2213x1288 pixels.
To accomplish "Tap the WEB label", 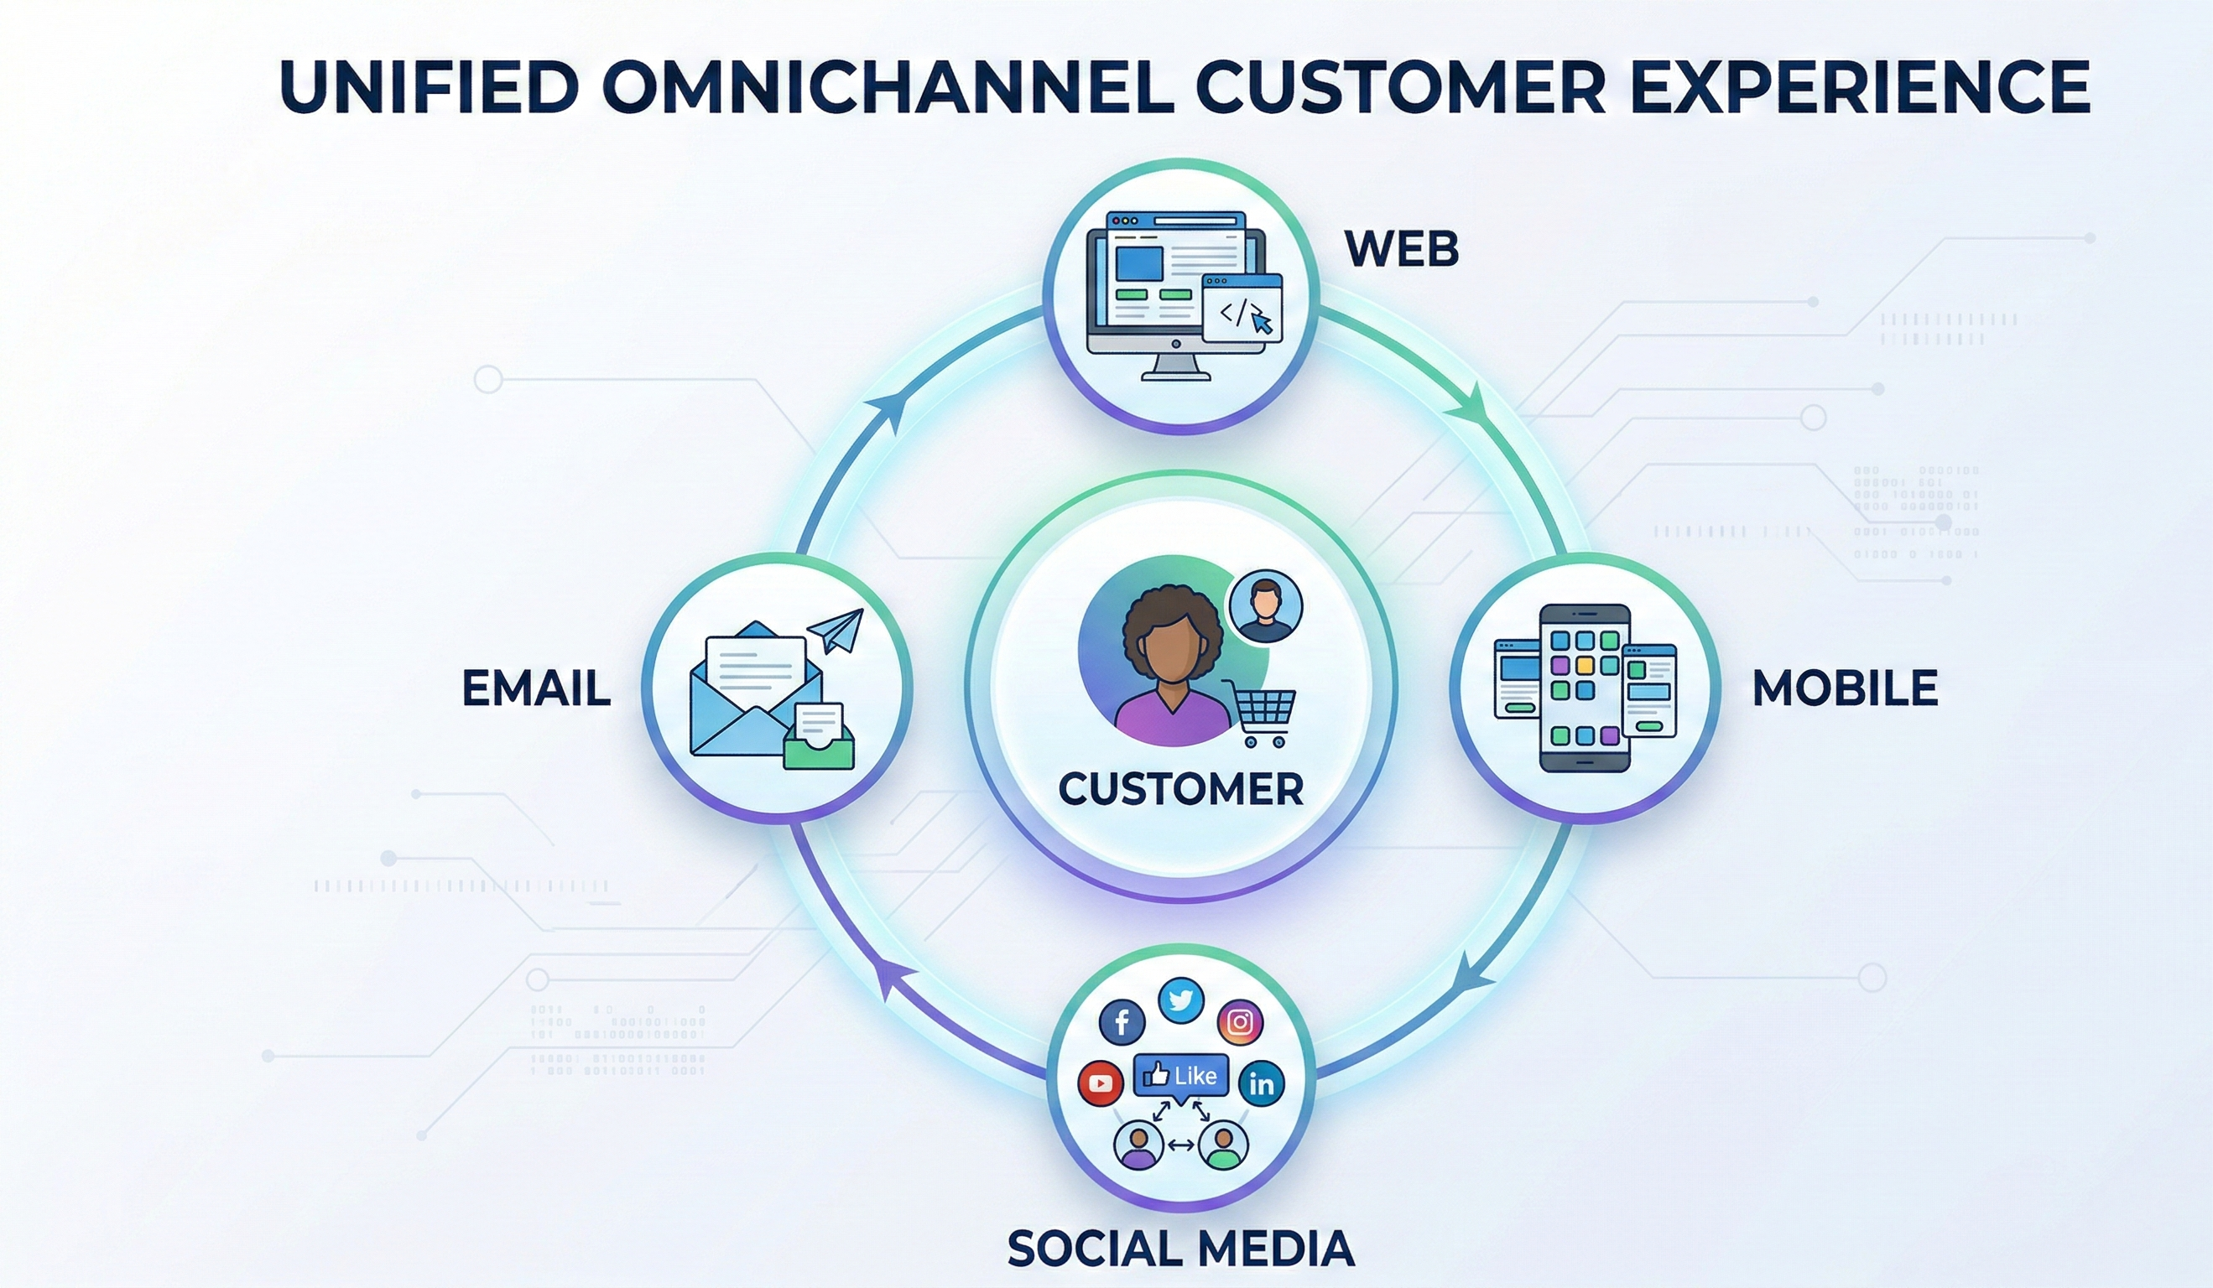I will (1402, 248).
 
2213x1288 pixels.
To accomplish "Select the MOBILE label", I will (1844, 688).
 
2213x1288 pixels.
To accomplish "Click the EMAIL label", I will (536, 688).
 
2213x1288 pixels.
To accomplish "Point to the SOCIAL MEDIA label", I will (1180, 1249).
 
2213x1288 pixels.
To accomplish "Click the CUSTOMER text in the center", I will (1180, 788).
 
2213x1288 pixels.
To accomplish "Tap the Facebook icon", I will (1122, 1022).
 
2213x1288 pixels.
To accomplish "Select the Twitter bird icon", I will (1181, 1000).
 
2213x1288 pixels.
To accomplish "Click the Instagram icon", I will (1240, 1022).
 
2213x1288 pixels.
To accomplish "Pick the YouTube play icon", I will (1101, 1083).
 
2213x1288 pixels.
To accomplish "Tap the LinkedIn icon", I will (1261, 1083).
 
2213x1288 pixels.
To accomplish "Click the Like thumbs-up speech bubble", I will (1181, 1076).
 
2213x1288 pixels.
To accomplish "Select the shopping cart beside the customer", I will (1263, 713).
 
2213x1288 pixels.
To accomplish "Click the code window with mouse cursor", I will (1242, 309).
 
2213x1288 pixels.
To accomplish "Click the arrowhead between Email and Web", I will (887, 408).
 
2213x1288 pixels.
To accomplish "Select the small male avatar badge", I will (1265, 605).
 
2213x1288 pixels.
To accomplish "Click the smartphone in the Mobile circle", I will (1584, 688).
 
